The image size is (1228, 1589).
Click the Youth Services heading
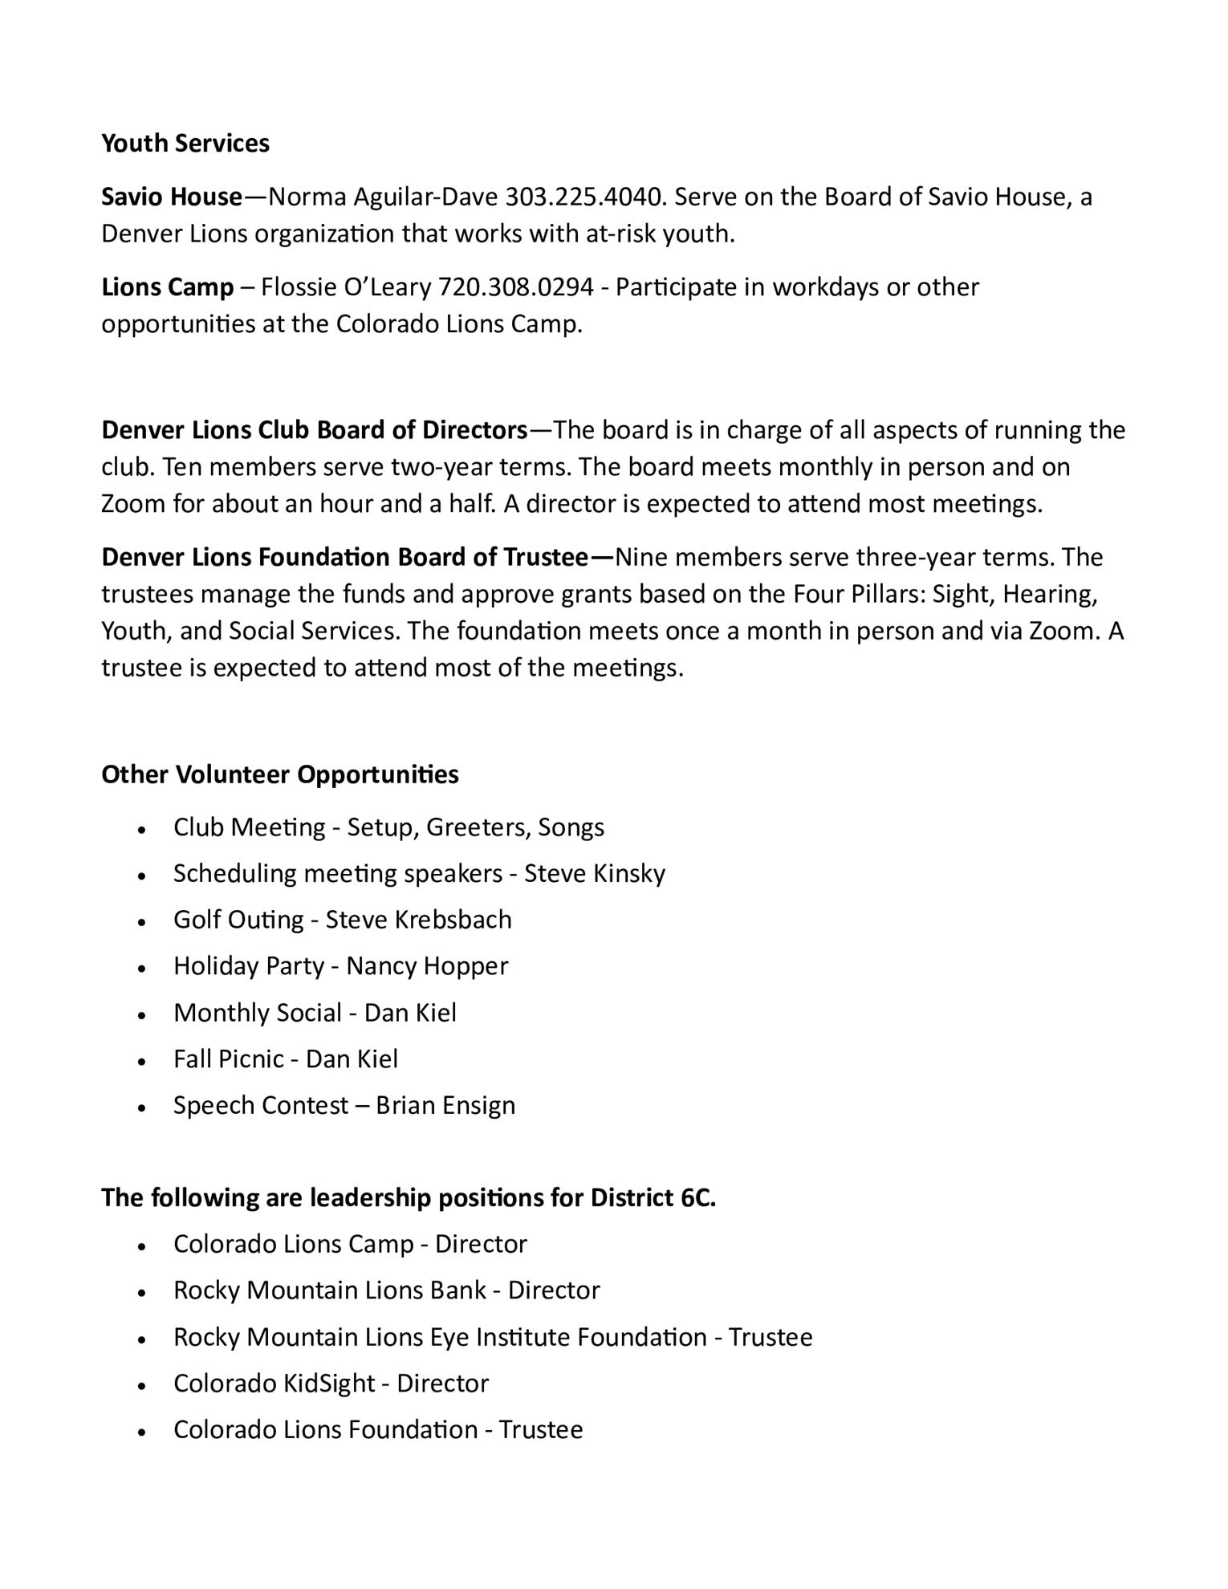[185, 143]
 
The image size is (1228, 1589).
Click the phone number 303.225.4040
[584, 197]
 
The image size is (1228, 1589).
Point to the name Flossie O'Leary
[345, 287]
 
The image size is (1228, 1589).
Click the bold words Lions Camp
[167, 287]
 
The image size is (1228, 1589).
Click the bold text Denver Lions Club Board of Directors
[314, 430]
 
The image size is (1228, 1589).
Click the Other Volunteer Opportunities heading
[280, 774]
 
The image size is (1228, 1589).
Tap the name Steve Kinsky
[595, 873]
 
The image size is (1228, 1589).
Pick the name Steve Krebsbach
[418, 920]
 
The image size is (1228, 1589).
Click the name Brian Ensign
[445, 1106]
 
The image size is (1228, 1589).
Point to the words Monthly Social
[257, 1013]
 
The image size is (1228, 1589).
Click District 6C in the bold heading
[653, 1197]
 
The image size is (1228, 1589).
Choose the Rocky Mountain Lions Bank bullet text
[330, 1290]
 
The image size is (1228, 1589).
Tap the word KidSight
[329, 1384]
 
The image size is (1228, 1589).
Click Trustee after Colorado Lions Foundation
[541, 1430]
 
